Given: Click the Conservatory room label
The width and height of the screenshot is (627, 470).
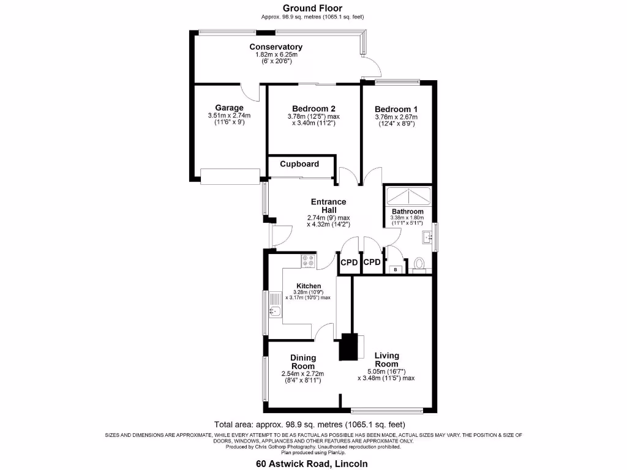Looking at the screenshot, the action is pyautogui.click(x=276, y=47).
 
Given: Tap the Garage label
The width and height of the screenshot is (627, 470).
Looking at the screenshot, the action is pyautogui.click(x=229, y=108).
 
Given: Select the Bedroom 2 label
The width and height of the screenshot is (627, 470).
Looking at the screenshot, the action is pyautogui.click(x=313, y=108).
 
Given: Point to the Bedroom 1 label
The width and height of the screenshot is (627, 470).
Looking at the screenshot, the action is pyautogui.click(x=396, y=109).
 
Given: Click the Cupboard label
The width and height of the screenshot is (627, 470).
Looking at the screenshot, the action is pyautogui.click(x=299, y=164).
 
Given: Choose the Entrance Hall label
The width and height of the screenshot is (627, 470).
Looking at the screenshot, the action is pyautogui.click(x=329, y=206).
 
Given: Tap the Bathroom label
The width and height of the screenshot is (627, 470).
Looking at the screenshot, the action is pyautogui.click(x=407, y=211).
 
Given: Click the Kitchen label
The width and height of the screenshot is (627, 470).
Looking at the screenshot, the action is pyautogui.click(x=309, y=286).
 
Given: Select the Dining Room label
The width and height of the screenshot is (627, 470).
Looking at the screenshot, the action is pyautogui.click(x=303, y=362).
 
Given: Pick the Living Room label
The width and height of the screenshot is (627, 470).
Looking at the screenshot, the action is pyautogui.click(x=387, y=360).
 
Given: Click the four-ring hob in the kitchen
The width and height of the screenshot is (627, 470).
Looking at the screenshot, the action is pyautogui.click(x=309, y=261).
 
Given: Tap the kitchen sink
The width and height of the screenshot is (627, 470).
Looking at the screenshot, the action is pyautogui.click(x=275, y=305).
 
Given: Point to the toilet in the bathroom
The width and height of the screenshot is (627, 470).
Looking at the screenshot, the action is pyautogui.click(x=419, y=264).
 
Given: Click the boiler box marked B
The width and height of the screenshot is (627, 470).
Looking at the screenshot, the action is pyautogui.click(x=396, y=270).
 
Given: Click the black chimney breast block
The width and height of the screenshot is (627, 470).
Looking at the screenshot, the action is pyautogui.click(x=348, y=347).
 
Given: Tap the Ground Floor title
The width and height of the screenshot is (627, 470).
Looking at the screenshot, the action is pyautogui.click(x=312, y=8).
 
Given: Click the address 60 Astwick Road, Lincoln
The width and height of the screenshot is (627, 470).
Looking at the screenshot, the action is pyautogui.click(x=312, y=464).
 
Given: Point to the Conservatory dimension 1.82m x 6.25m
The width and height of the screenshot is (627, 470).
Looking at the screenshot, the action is pyautogui.click(x=276, y=54).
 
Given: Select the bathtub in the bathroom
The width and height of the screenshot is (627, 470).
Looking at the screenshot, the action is pyautogui.click(x=408, y=196).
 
